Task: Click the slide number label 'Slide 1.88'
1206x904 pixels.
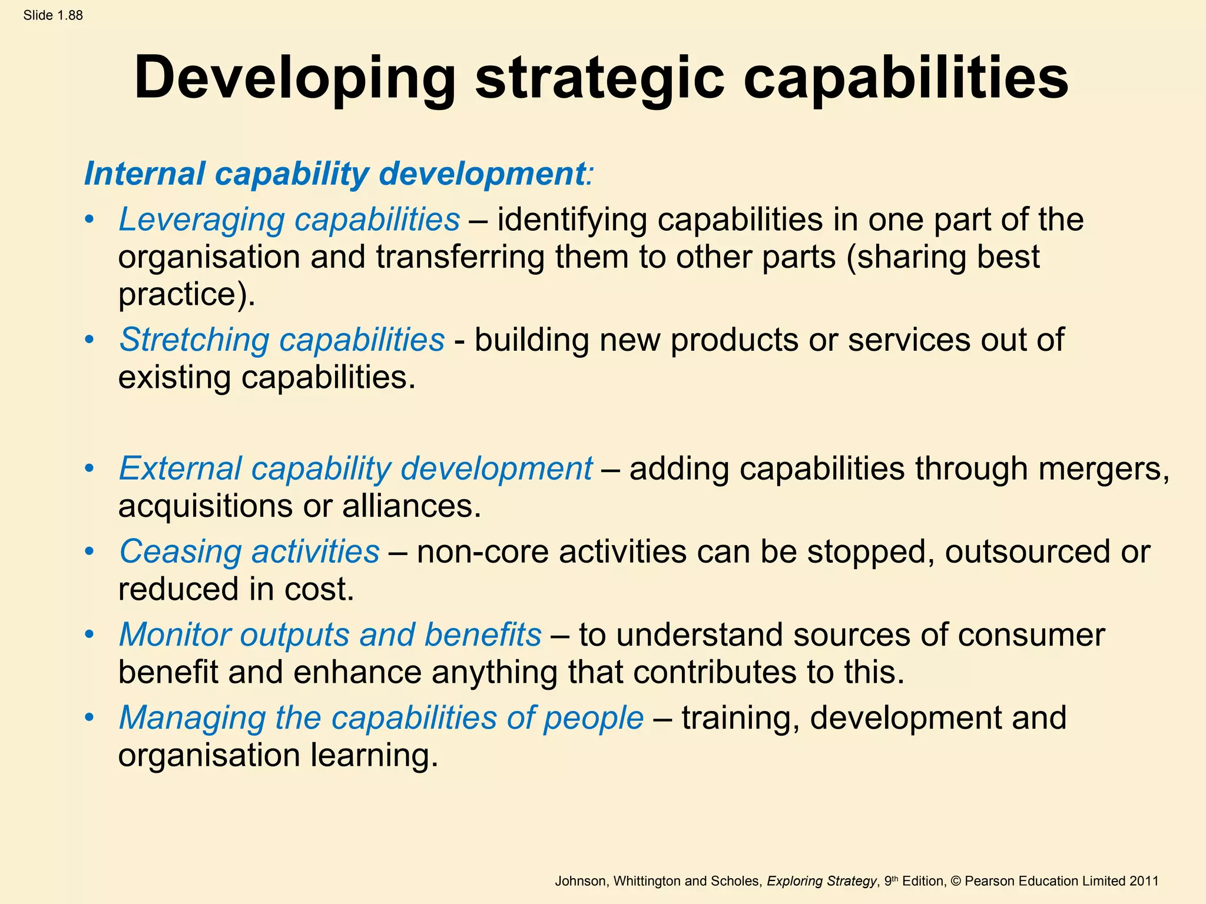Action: point(53,16)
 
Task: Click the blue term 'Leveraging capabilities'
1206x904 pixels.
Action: point(289,220)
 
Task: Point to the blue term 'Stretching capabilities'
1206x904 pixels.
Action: point(281,340)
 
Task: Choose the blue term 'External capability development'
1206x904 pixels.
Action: point(356,469)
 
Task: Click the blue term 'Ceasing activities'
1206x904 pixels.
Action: point(249,552)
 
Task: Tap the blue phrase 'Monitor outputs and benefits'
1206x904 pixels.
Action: point(330,635)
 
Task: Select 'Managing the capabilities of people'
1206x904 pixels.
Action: point(381,718)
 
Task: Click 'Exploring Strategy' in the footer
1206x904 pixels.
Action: point(821,881)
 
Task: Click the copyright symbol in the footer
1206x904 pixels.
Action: point(956,881)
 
